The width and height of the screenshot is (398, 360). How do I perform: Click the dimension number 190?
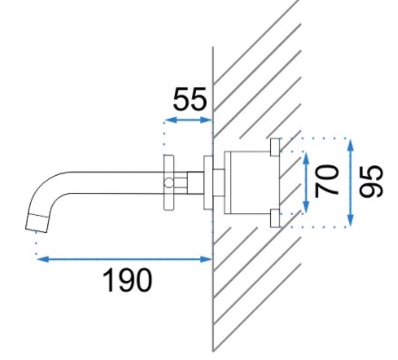127,280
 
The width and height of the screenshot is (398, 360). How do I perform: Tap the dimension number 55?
190,99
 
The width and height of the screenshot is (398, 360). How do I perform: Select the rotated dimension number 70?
326,180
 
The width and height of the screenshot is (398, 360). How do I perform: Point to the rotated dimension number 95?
371,180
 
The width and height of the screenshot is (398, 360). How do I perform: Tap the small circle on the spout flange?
169,182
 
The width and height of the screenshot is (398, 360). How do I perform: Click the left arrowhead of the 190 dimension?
43,258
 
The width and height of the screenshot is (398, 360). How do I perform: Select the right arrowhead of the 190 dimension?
207,258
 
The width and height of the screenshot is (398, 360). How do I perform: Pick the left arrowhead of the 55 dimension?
170,120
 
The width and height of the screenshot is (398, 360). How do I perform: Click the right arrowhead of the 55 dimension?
207,120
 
